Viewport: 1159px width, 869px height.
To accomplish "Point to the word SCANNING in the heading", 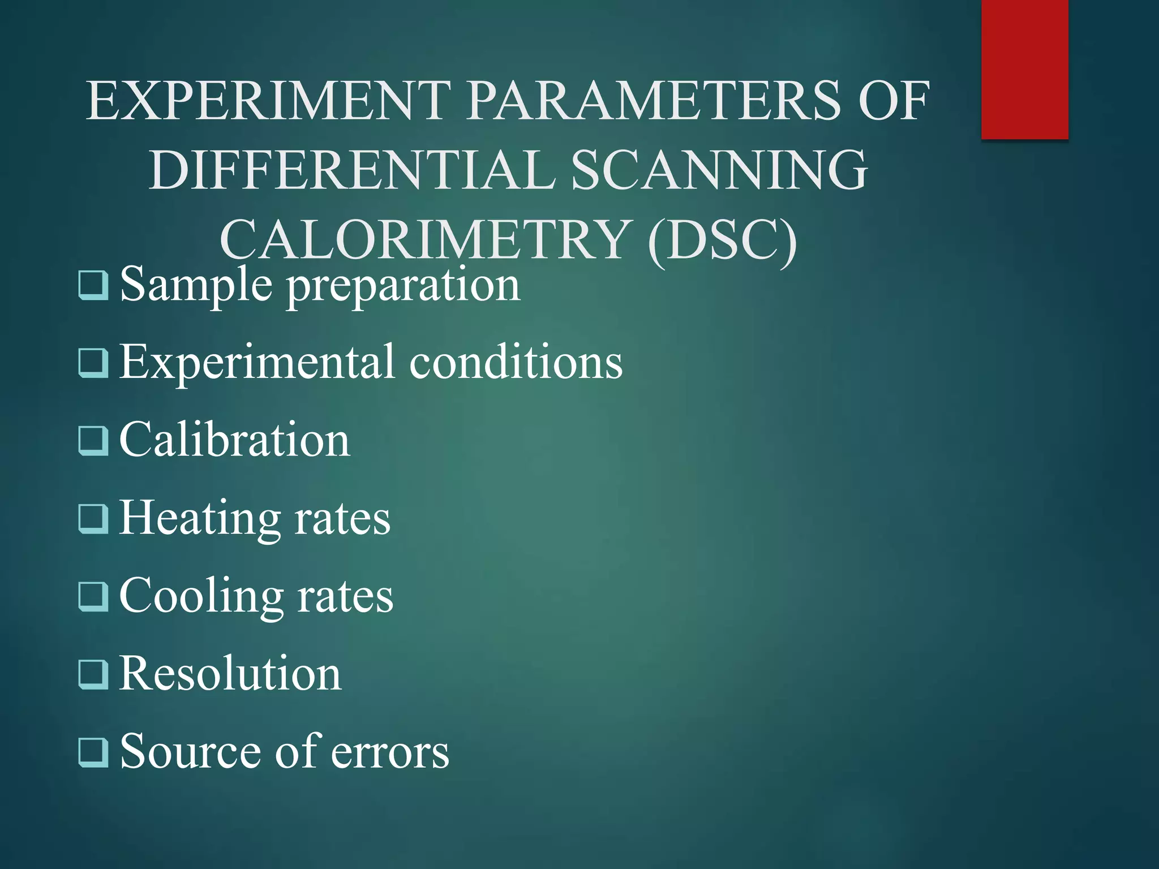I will click(x=719, y=170).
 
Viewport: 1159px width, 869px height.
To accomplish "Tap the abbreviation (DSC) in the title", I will click(x=723, y=240).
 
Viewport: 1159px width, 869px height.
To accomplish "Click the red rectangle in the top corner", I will click(x=1024, y=69).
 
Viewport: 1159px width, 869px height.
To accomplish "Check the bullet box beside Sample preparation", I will click(x=93, y=285).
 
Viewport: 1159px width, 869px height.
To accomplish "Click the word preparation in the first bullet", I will click(x=403, y=285).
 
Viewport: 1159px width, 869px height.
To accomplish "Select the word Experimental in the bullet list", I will click(x=257, y=362).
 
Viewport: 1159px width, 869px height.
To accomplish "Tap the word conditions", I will click(x=516, y=362).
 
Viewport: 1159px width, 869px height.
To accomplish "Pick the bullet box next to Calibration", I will click(x=93, y=441).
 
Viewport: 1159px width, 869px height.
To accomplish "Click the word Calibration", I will click(x=234, y=441).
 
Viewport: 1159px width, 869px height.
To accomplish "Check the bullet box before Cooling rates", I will click(x=93, y=596).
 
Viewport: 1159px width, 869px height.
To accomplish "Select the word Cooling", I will click(x=201, y=596).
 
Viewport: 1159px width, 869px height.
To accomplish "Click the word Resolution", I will click(x=230, y=674).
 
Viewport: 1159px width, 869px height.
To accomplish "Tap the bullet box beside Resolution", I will click(x=93, y=674).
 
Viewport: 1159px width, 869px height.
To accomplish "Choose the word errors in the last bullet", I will click(x=390, y=752).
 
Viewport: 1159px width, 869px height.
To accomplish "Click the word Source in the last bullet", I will click(x=191, y=752).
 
